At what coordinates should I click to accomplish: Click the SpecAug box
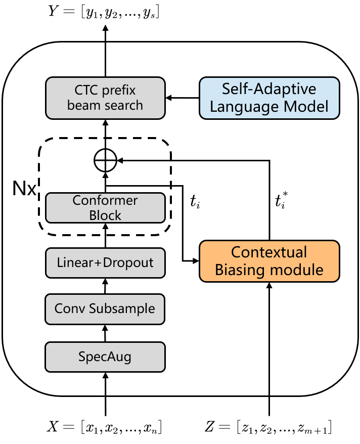coord(105,357)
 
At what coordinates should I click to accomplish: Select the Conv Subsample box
coord(105,309)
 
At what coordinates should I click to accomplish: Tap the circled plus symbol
coord(106,161)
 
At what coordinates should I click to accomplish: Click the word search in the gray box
coord(123,106)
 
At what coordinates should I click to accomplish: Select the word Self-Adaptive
coord(269,90)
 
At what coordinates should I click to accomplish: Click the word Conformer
coord(105,200)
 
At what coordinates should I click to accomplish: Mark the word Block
coord(105,215)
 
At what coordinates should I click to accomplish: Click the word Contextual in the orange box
coord(269,252)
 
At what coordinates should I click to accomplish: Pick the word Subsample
coord(122,309)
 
